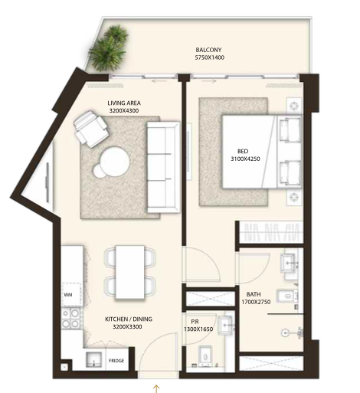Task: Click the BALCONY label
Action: click(x=208, y=50)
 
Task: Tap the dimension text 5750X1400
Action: click(x=210, y=57)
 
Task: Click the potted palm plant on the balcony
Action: click(x=109, y=48)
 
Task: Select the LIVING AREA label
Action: click(x=124, y=103)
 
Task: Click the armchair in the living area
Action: click(x=90, y=129)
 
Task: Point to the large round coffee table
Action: click(x=115, y=161)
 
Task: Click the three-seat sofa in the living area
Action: click(x=164, y=167)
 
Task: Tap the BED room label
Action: click(x=243, y=151)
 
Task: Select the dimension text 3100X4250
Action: click(x=245, y=159)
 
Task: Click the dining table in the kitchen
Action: click(x=130, y=272)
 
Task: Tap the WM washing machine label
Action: click(x=68, y=295)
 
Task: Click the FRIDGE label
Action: click(x=116, y=361)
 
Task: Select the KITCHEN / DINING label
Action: click(x=129, y=319)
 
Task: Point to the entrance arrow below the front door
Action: click(x=156, y=388)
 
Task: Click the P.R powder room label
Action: click(x=195, y=322)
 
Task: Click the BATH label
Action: click(x=254, y=294)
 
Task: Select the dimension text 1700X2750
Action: click(x=256, y=302)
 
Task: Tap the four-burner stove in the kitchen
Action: click(x=71, y=318)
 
